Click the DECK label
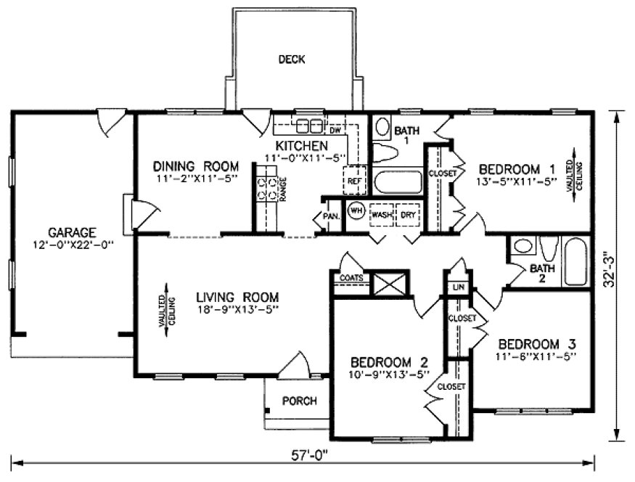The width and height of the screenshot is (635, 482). click(292, 60)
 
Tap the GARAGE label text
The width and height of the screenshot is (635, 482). click(72, 232)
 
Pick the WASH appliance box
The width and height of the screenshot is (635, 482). click(382, 216)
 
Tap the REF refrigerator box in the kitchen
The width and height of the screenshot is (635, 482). click(355, 181)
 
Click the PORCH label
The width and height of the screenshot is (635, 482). click(299, 401)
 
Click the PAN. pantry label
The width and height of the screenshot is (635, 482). click(331, 216)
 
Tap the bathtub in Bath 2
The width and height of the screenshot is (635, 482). click(577, 261)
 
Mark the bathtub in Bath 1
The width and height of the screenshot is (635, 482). click(398, 181)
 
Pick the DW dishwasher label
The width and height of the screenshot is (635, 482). click(335, 131)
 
